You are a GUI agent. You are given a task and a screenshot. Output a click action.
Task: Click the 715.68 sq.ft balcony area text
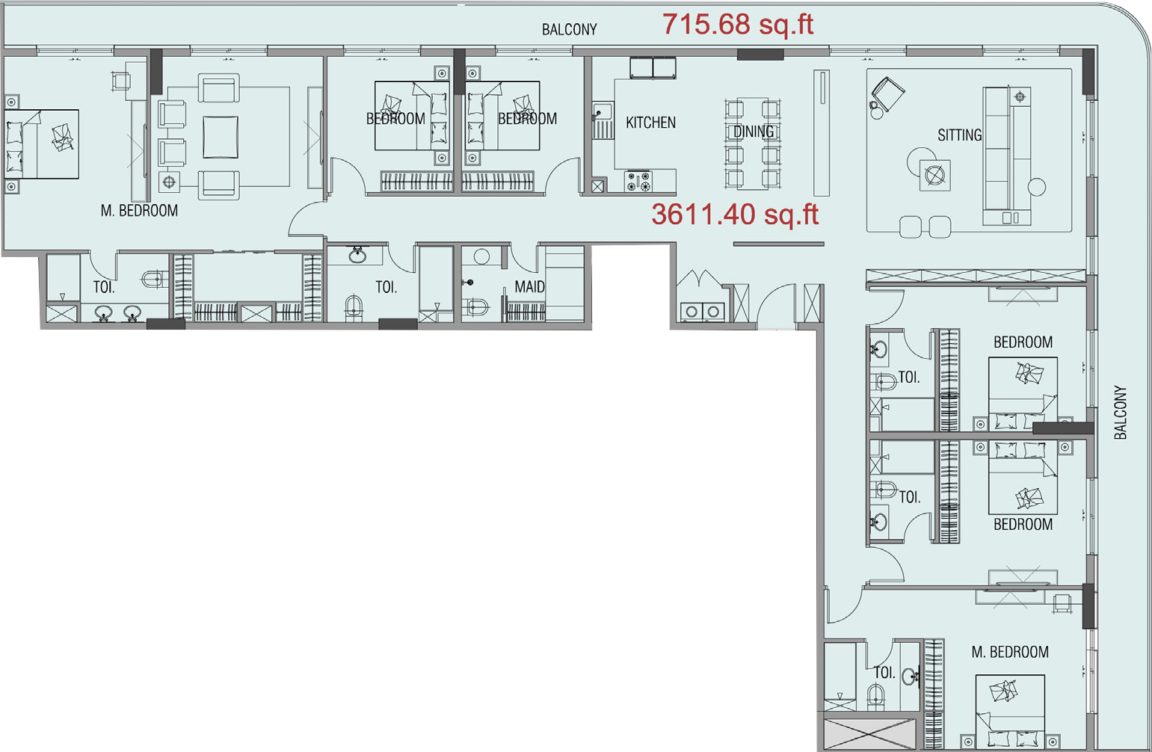point(738,24)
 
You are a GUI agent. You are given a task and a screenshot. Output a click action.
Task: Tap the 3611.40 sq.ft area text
point(735,215)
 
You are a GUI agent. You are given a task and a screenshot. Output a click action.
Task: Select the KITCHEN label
point(650,123)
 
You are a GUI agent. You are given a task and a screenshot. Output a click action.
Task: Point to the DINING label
point(754,132)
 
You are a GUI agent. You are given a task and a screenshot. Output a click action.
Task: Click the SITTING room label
point(960,135)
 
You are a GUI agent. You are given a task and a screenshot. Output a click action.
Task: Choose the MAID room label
point(530,286)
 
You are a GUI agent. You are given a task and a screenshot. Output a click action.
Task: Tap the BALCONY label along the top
point(570,29)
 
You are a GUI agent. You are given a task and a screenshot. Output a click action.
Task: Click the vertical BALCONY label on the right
point(1120,413)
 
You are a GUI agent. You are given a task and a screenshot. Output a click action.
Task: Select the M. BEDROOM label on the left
point(139,210)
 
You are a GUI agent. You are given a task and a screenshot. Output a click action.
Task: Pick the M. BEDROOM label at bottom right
point(1010,652)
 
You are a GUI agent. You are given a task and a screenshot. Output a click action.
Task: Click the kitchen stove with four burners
point(638,182)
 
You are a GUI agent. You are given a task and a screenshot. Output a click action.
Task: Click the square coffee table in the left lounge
point(221,137)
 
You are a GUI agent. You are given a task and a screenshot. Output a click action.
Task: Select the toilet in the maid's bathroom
point(476,307)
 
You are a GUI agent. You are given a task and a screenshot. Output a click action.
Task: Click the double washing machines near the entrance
point(702,312)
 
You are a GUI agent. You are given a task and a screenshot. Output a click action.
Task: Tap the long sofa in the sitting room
point(1007,155)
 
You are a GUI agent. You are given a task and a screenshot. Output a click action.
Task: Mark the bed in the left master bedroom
point(42,144)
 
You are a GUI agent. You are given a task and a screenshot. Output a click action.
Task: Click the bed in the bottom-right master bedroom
point(1010,712)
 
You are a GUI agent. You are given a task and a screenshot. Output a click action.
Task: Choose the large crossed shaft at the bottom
point(869,735)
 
